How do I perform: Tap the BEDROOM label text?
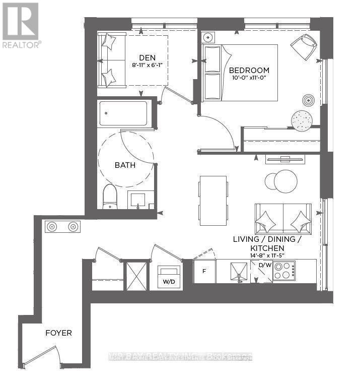pyautogui.click(x=249, y=70)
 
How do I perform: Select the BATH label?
pyautogui.click(x=124, y=165)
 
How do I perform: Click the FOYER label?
pyautogui.click(x=58, y=333)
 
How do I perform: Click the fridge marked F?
pyautogui.click(x=204, y=271)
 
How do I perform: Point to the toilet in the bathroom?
pyautogui.click(x=110, y=197)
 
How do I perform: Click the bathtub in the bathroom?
pyautogui.click(x=123, y=114)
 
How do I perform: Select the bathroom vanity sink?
pyautogui.click(x=140, y=200)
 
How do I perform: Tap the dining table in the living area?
pyautogui.click(x=212, y=201)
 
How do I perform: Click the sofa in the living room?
pyautogui.click(x=283, y=219)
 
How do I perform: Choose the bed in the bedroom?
pyautogui.click(x=240, y=73)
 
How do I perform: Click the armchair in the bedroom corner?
pyautogui.click(x=304, y=46)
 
